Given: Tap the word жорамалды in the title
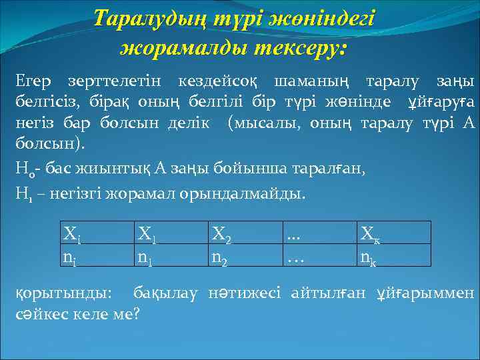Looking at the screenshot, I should click(x=184, y=48).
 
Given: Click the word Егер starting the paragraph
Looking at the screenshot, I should click(x=35, y=81).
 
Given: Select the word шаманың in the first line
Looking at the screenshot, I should click(x=311, y=81).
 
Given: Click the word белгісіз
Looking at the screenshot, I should click(x=43, y=101).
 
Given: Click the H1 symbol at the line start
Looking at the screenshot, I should click(x=22, y=195).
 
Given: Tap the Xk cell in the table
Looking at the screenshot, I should click(x=371, y=233).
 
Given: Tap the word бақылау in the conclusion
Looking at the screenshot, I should click(x=166, y=292).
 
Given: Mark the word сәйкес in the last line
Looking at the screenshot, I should click(x=36, y=313).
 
